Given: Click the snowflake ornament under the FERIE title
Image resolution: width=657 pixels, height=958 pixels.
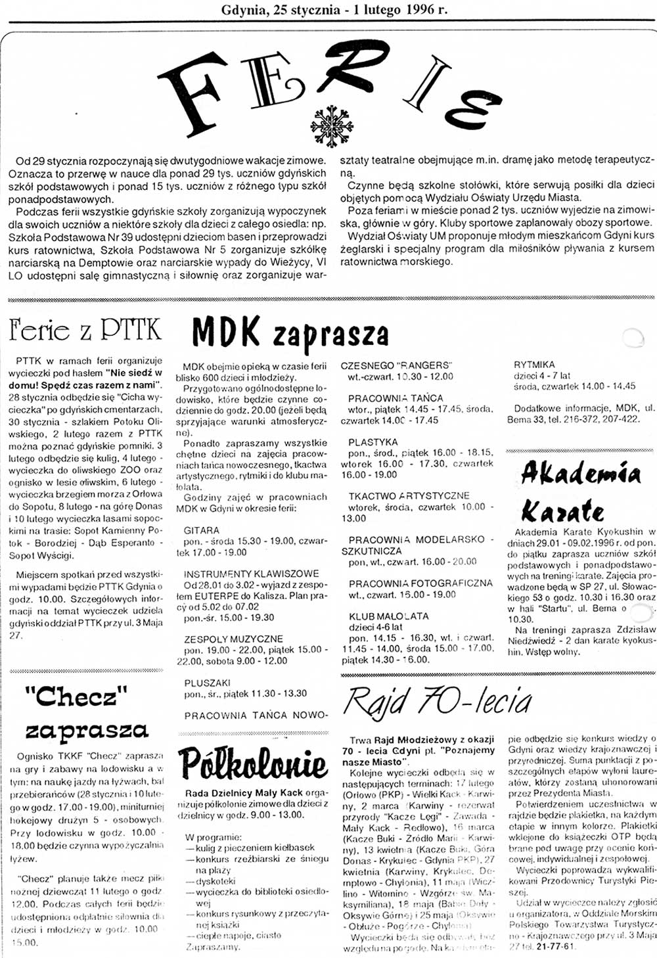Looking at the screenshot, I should click(x=332, y=125).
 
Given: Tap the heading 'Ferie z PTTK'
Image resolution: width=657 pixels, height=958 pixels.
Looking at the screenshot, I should click(x=85, y=330).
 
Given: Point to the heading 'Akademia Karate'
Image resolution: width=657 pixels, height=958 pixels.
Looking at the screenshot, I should click(x=580, y=491).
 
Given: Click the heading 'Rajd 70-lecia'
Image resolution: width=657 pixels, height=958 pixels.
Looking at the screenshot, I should click(x=437, y=701).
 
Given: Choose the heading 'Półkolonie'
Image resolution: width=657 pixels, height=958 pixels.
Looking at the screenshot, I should click(x=254, y=764).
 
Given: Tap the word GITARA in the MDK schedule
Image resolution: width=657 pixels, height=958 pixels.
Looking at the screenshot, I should click(x=202, y=530).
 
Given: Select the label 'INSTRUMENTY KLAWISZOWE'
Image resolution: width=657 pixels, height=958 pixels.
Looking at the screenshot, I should click(x=251, y=574).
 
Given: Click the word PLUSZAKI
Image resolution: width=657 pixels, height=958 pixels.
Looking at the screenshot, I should click(x=207, y=683).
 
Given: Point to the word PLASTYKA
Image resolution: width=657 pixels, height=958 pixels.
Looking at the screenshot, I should click(x=373, y=442).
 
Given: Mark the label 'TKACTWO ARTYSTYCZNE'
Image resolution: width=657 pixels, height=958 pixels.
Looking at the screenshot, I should click(x=409, y=496).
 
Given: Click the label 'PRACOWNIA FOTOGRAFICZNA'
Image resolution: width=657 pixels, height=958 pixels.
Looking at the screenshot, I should click(x=420, y=583).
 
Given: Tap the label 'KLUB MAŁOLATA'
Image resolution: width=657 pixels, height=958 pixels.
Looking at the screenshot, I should click(x=388, y=616).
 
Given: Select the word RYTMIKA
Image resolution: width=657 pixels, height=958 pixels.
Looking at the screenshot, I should click(x=534, y=364).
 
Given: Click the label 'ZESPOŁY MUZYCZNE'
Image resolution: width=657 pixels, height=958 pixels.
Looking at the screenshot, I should click(x=233, y=639).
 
